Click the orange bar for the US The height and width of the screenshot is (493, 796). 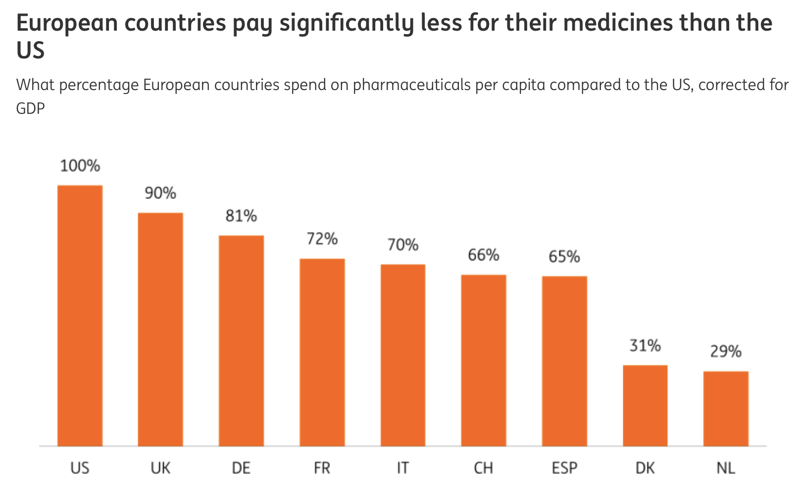point(80,316)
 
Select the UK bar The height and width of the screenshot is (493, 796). point(160,330)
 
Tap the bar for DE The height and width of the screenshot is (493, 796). point(241,341)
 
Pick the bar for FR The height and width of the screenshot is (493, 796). point(322,352)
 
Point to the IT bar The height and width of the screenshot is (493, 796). point(403,355)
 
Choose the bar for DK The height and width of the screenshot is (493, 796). point(646,405)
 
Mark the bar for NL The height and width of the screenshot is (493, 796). point(726,409)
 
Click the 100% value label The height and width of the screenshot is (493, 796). point(80,166)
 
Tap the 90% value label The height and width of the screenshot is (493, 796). point(160,193)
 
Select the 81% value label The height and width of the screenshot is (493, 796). point(241,216)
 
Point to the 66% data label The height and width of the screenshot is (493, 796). point(484,255)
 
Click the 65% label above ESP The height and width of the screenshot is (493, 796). point(564,256)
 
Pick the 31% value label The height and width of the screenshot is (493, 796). point(646,345)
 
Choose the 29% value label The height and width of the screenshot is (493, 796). point(726,351)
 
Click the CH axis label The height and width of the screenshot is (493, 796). point(484,468)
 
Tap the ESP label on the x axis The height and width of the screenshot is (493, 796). point(565,468)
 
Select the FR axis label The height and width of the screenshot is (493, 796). point(322,468)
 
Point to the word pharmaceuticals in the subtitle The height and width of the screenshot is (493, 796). point(412,85)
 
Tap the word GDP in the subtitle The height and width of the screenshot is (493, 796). point(31,108)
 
